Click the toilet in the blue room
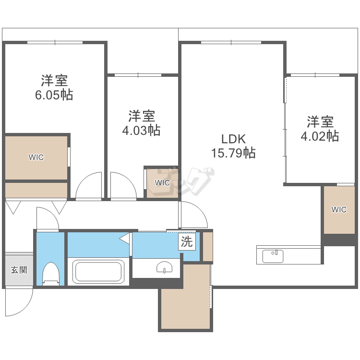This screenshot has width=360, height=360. (51, 274)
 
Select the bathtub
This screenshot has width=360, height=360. (98, 271)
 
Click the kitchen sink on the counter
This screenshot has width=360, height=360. (273, 256)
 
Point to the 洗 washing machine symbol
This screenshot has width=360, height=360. (187, 241)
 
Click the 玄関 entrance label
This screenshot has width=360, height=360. (19, 270)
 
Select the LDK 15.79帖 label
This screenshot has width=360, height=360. (233, 146)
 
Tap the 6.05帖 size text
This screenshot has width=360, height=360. (54, 95)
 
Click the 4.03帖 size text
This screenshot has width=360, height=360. (141, 131)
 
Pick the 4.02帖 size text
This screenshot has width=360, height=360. (320, 136)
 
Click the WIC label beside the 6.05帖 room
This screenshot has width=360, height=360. (36, 157)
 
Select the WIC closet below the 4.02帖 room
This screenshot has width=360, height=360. (339, 210)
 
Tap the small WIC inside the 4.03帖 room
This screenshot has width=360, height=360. (162, 183)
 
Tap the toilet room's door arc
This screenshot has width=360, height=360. (53, 213)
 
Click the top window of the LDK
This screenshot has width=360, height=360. (231, 42)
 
